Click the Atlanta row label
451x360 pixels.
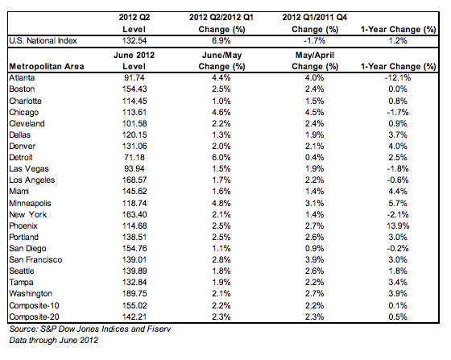[x=22, y=77]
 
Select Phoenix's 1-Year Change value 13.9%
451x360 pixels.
[x=398, y=226]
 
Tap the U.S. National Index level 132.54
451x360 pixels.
[x=134, y=40]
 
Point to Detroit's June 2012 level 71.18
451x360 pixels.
[x=134, y=157]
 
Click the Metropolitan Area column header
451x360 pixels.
[x=47, y=66]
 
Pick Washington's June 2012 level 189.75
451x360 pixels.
[x=134, y=293]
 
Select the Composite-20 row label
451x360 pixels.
[x=34, y=317]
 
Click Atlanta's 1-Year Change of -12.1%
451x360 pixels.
[x=398, y=77]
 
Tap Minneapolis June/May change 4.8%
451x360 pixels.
[x=221, y=203]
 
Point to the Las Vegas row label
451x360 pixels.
[x=29, y=169]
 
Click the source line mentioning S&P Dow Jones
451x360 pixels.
[x=90, y=329]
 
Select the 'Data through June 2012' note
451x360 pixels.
[x=53, y=340]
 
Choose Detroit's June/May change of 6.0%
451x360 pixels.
[x=221, y=157]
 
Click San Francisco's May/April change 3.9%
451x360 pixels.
[x=314, y=259]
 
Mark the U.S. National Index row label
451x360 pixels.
[x=43, y=40]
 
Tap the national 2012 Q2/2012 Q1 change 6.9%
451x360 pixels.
[x=221, y=40]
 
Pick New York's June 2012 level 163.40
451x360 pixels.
[x=134, y=214]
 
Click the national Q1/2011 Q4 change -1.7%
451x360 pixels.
[x=314, y=40]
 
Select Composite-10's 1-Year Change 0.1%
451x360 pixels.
[x=398, y=305]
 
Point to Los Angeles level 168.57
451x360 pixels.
[x=134, y=180]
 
